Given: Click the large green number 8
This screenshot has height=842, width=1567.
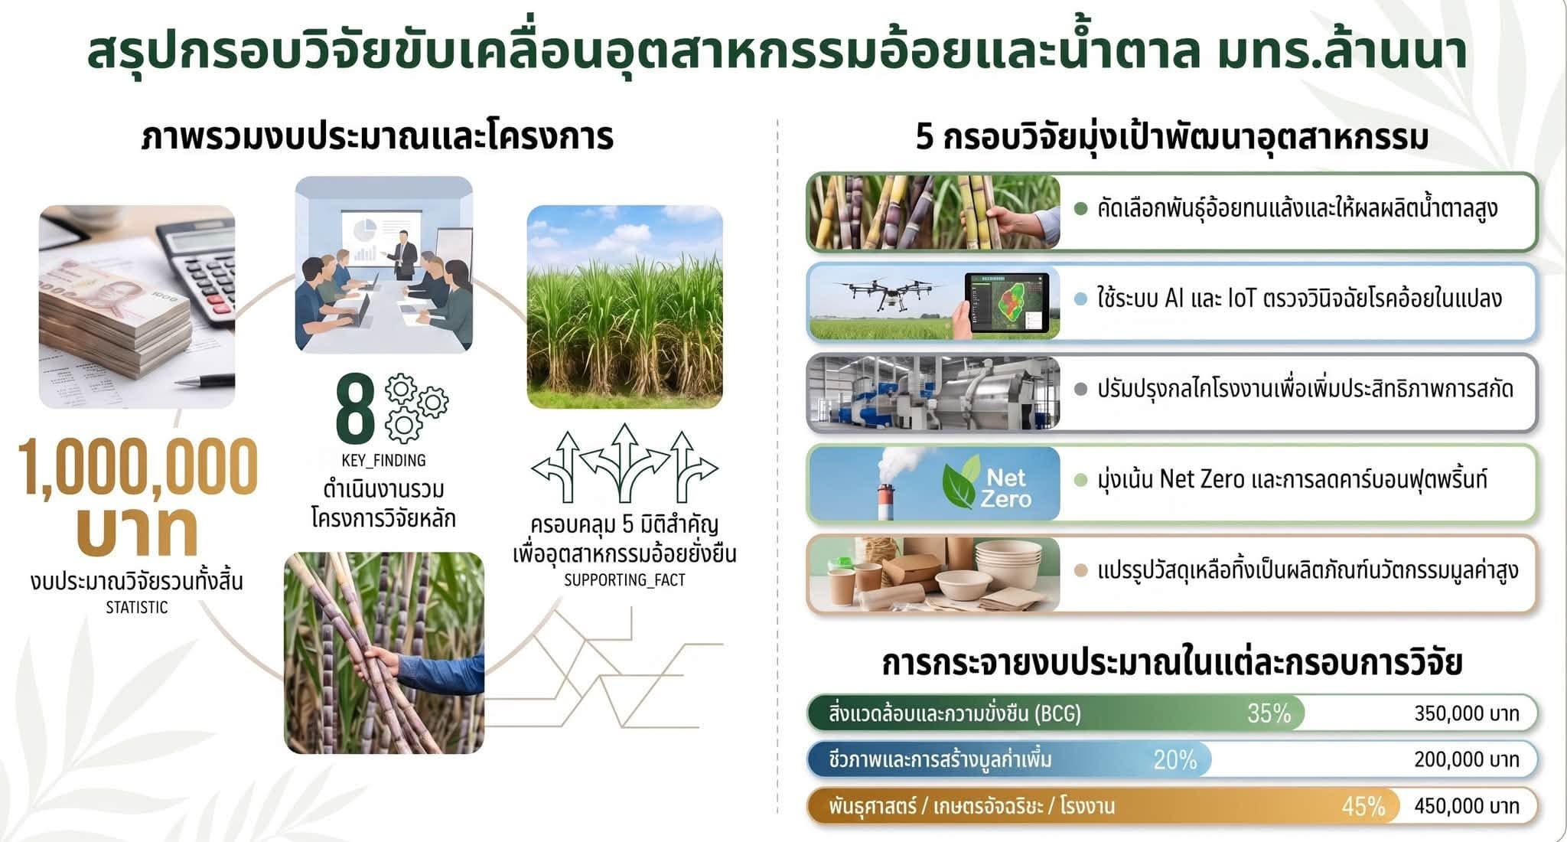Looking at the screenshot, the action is click(x=355, y=408).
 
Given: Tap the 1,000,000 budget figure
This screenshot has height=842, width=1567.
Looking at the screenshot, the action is click(x=138, y=467).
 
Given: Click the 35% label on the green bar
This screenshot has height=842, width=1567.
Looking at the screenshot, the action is click(x=1269, y=713).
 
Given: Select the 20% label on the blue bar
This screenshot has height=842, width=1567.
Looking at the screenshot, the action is click(x=1174, y=759).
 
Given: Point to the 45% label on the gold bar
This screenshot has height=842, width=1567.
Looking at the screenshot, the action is click(x=1363, y=806).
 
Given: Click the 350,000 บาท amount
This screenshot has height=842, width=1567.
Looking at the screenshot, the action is click(x=1466, y=713).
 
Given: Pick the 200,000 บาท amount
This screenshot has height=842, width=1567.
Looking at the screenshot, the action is click(x=1466, y=759).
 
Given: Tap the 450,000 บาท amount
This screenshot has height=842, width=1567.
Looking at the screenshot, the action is click(x=1466, y=806).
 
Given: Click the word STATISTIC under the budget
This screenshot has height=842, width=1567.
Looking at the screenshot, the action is click(x=136, y=608).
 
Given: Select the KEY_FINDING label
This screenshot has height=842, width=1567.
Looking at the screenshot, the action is click(x=383, y=460).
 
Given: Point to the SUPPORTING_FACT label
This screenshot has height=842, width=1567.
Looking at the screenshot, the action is click(x=624, y=580).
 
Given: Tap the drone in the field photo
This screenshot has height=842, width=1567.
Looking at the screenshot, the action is click(x=888, y=291).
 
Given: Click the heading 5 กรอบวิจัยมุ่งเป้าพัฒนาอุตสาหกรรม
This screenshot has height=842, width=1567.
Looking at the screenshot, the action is click(x=1171, y=138).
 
